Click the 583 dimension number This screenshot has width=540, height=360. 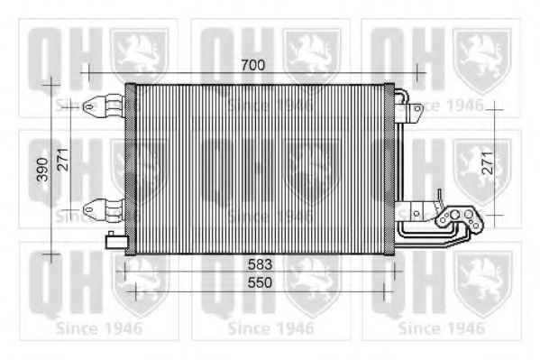tap(259, 266)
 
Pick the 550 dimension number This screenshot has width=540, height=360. tap(259, 282)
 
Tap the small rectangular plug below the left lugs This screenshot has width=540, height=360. tap(115, 239)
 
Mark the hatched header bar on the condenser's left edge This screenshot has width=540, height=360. tap(130, 169)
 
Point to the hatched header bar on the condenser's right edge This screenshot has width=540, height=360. tap(389, 169)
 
